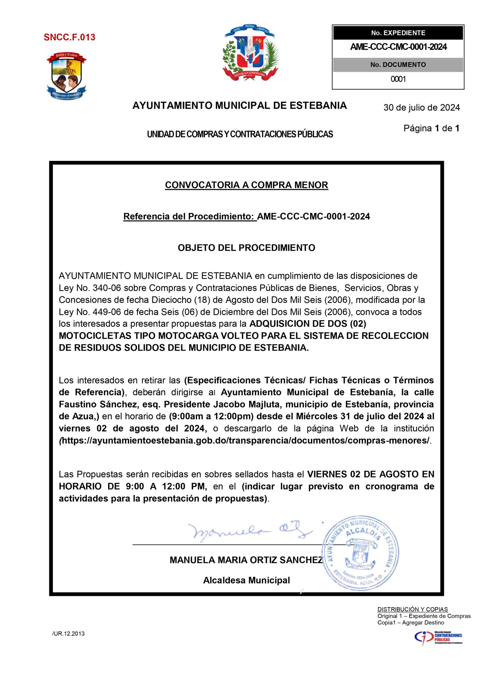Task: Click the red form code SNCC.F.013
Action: tap(69, 37)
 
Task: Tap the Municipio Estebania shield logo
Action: tap(67, 77)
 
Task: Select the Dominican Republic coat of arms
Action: tap(250, 53)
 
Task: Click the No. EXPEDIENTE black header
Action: tap(398, 33)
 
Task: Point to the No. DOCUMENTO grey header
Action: tap(398, 64)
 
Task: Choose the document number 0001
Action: tap(398, 79)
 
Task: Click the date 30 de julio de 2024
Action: tap(422, 108)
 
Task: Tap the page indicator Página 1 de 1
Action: tap(431, 129)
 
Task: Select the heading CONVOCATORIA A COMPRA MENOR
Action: tap(247, 185)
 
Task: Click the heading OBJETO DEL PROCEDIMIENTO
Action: tap(247, 248)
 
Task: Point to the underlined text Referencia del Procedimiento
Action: tap(190, 216)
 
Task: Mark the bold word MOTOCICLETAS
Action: tap(107, 336)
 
